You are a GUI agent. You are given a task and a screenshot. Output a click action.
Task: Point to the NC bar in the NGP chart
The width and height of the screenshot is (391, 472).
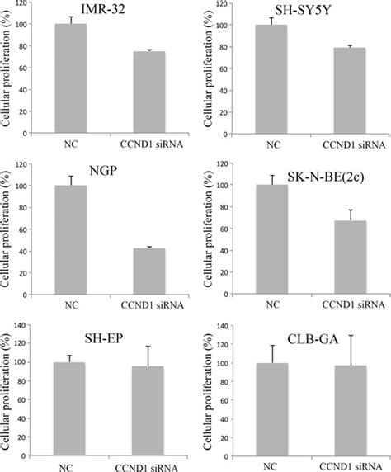pos(70,239)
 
